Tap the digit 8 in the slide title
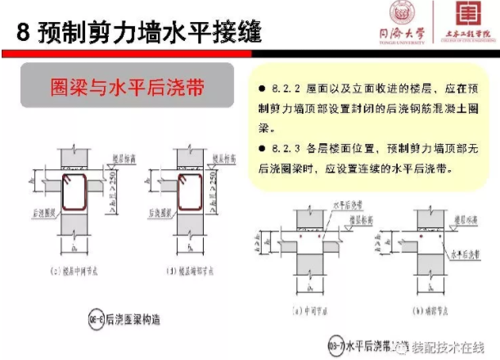[21, 32]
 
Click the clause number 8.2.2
[279, 88]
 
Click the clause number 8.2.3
[279, 148]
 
